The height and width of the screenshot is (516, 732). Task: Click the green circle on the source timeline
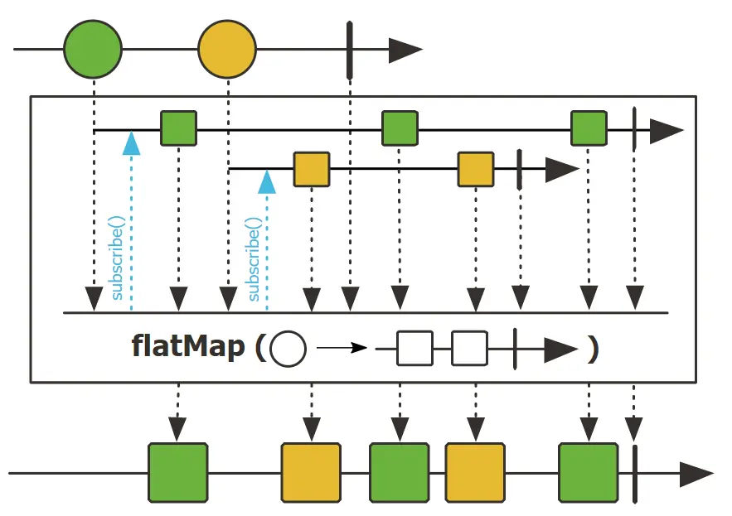tap(93, 49)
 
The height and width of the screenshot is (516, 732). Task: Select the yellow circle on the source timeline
tap(227, 49)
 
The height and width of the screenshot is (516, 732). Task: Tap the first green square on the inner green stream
tap(178, 128)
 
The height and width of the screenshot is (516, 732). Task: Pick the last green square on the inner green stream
tap(589, 128)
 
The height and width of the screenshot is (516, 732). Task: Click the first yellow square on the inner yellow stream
tap(312, 169)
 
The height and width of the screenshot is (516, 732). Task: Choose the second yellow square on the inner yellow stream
tap(476, 169)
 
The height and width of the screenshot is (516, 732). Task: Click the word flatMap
tap(188, 346)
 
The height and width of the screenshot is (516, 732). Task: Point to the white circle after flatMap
tap(288, 349)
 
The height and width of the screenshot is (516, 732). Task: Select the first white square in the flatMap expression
tap(415, 349)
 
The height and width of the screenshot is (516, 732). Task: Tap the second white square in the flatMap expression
tap(470, 349)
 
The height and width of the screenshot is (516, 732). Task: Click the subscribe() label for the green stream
tap(117, 258)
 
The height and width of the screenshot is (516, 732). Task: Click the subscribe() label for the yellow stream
tap(253, 259)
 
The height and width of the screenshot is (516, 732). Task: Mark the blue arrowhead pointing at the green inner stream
tap(131, 143)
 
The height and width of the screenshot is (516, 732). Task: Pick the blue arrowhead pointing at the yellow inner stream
tap(267, 182)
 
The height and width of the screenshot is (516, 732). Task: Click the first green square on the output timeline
tap(178, 473)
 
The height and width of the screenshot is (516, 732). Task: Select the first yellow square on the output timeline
tap(312, 473)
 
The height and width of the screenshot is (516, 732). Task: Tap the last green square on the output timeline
tap(589, 473)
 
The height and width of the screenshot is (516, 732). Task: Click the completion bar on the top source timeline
tap(350, 50)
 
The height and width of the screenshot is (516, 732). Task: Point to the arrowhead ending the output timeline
tap(696, 475)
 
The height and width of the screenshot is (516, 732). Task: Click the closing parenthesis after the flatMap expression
tap(593, 350)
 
